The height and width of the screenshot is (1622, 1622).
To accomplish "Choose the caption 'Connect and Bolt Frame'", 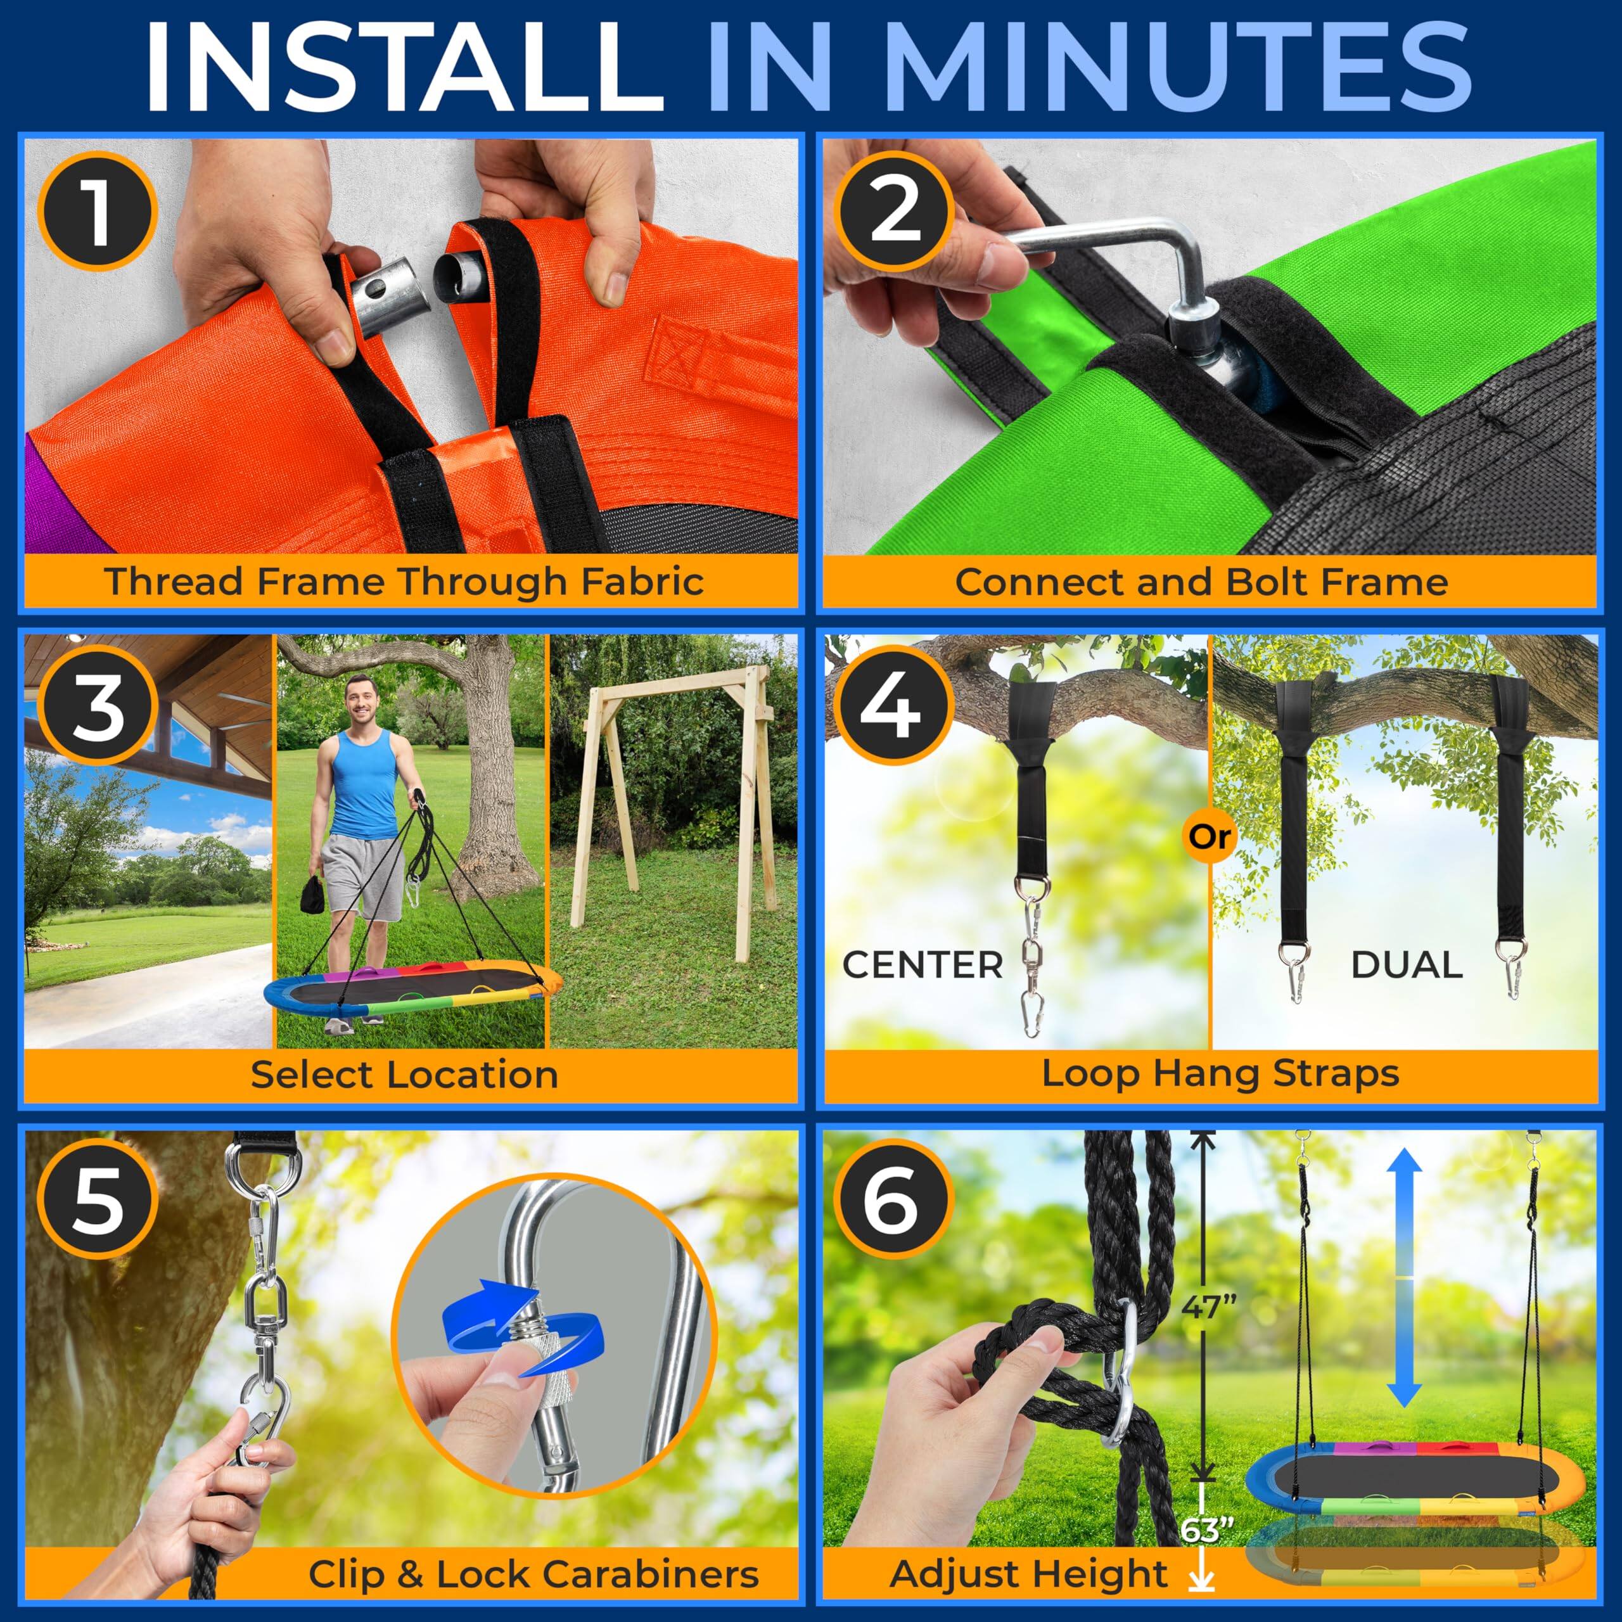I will coord(1201,581).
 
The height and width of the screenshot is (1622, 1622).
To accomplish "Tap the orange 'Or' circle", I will coord(1210,837).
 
